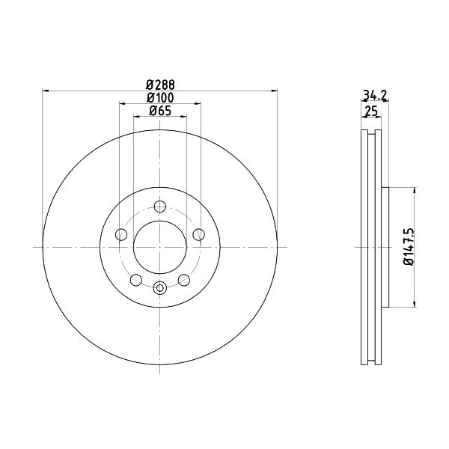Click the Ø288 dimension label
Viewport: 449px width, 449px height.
pyautogui.click(x=160, y=85)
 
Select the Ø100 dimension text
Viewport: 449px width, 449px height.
pyautogui.click(x=160, y=98)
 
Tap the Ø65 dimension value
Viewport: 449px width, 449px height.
pyautogui.click(x=160, y=111)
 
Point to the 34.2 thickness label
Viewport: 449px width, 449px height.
pyautogui.click(x=375, y=95)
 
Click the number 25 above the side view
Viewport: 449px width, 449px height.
pyautogui.click(x=371, y=111)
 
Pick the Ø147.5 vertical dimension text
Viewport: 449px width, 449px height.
pyautogui.click(x=409, y=247)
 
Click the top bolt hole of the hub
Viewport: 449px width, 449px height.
pyautogui.click(x=160, y=207)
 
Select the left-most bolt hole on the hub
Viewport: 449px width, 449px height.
pyautogui.click(x=121, y=234)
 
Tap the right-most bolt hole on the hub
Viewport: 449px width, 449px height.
pyautogui.click(x=199, y=234)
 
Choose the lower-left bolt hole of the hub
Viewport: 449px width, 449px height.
pyautogui.click(x=136, y=280)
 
